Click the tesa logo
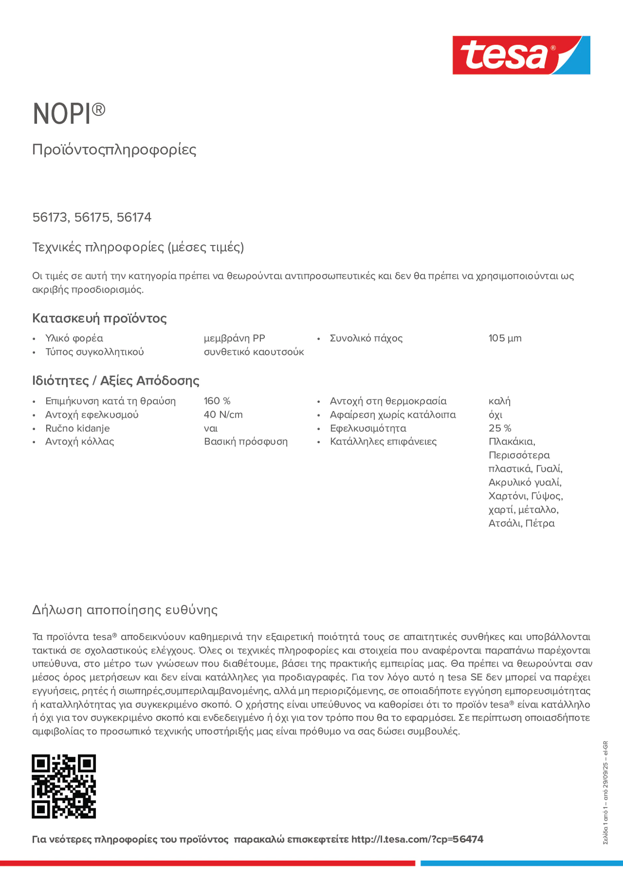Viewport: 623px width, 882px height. coord(521,55)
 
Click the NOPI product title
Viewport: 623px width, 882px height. coord(69,113)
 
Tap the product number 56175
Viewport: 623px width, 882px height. coord(92,217)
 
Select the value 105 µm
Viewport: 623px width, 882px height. coord(505,338)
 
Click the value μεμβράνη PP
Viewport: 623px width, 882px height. coord(234,338)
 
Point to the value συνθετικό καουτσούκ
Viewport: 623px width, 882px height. coord(254,352)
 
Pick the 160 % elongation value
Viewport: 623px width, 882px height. coord(217,401)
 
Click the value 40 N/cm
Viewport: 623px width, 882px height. coord(223,414)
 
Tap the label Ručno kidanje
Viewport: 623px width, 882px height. coord(77,428)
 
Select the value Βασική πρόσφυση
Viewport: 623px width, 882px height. coord(245,441)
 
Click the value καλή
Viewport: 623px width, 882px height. coord(499,401)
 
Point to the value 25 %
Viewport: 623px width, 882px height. coord(500,428)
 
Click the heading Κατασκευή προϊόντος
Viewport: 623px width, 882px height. coord(99,318)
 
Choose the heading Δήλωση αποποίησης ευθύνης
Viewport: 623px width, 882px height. coord(125,610)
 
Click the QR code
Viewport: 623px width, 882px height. coord(64,786)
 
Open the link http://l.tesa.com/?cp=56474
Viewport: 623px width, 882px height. coord(417,839)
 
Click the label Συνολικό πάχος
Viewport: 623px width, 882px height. coord(366,338)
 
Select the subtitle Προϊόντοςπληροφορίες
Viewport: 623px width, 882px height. coord(114,150)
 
